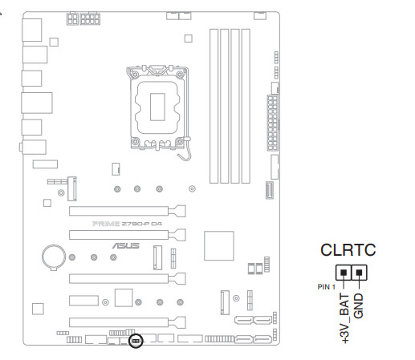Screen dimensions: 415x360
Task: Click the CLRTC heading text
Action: point(348,250)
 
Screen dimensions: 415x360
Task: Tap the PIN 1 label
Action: point(326,287)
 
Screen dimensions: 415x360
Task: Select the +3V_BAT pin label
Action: point(344,318)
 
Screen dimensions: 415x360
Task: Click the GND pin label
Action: point(358,305)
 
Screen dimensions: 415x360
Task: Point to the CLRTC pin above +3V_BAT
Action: point(344,273)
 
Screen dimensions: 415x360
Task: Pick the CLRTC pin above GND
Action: point(359,273)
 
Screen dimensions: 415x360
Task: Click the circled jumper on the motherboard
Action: point(136,341)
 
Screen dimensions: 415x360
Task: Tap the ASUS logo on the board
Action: point(126,245)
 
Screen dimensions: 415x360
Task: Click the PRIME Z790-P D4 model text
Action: point(127,224)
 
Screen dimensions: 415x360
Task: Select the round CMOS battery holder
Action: point(54,257)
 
